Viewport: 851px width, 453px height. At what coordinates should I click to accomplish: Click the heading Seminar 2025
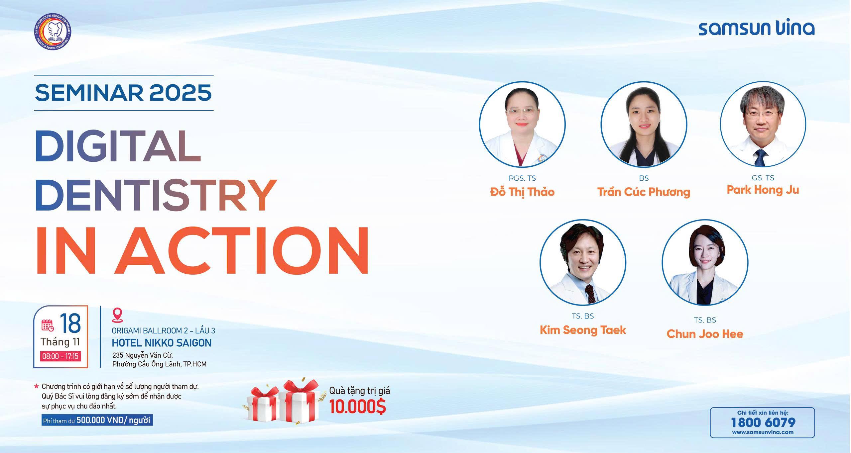123,92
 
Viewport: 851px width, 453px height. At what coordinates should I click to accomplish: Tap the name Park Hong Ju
763,190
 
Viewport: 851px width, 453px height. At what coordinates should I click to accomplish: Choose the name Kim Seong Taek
583,330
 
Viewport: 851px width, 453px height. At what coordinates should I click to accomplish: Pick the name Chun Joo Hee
705,334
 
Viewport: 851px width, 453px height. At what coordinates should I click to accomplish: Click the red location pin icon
118,315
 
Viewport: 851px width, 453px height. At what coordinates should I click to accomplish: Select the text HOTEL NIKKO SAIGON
162,343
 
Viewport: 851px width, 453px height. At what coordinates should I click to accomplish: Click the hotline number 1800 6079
763,422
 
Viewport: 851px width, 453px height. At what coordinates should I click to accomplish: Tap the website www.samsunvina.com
763,432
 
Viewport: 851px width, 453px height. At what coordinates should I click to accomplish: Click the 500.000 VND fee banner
97,420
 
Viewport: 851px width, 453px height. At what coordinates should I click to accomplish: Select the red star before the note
36,387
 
